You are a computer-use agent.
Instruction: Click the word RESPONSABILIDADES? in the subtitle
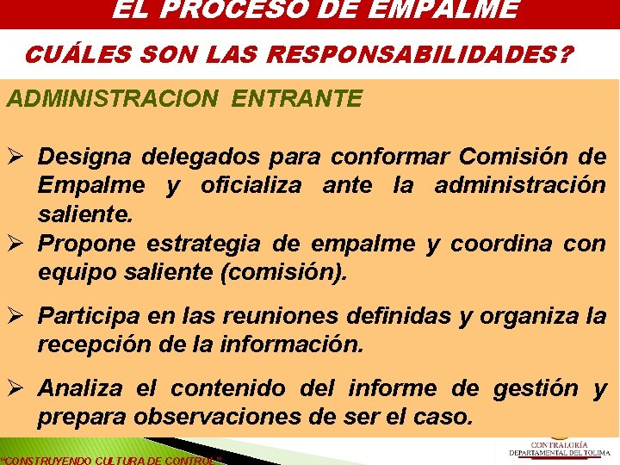(x=420, y=55)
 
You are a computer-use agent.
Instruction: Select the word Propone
(x=86, y=244)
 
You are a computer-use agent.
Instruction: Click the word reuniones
(x=281, y=316)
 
